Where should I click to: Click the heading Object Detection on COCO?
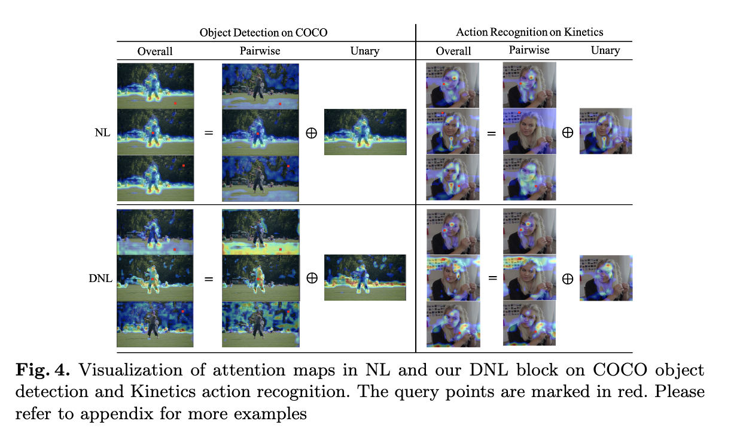(x=263, y=32)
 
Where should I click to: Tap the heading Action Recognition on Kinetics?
(x=529, y=31)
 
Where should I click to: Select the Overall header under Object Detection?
(x=155, y=51)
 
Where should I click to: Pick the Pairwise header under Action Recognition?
(x=529, y=50)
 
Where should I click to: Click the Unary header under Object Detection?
(x=364, y=51)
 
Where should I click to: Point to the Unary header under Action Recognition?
(x=605, y=50)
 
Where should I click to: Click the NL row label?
(x=102, y=132)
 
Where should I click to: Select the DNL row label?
(x=100, y=278)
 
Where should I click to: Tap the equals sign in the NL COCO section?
(x=208, y=132)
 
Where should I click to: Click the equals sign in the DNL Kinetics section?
(x=491, y=278)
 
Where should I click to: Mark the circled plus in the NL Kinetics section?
(x=567, y=132)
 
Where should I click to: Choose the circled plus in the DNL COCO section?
(x=311, y=278)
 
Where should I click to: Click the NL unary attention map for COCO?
(x=365, y=132)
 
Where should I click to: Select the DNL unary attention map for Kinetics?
(x=606, y=278)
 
